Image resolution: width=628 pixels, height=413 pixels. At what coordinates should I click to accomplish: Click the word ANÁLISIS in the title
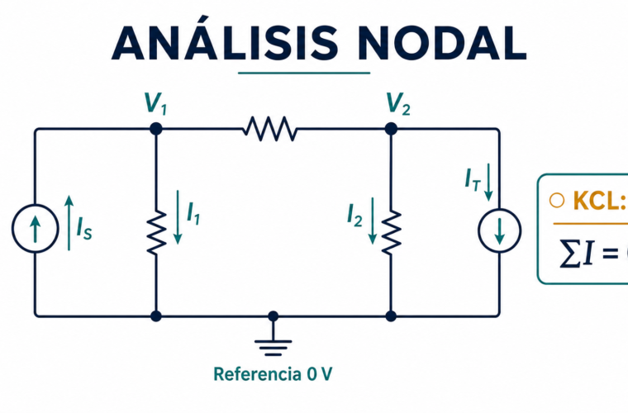225,39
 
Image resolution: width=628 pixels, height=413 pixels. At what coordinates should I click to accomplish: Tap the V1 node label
155,103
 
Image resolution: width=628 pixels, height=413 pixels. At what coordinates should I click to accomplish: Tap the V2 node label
398,103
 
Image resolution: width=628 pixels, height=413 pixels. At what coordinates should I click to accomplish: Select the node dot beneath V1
156,129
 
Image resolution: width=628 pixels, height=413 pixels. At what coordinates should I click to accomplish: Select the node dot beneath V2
391,129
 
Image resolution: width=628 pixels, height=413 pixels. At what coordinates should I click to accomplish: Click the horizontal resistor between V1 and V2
270,129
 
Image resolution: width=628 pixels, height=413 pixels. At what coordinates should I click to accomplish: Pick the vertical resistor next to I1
156,232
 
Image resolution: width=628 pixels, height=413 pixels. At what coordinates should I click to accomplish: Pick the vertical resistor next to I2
391,232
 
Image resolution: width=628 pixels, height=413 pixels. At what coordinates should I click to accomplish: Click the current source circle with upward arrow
36,229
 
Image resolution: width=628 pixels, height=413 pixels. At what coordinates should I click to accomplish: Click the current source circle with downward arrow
499,230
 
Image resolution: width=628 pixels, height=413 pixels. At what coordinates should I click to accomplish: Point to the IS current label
84,228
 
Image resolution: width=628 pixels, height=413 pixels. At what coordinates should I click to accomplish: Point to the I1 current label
193,213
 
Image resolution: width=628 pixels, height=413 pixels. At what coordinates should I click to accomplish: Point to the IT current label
473,180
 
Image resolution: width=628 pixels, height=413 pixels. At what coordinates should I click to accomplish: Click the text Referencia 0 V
273,374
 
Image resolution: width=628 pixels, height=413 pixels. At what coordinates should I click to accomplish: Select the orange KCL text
600,200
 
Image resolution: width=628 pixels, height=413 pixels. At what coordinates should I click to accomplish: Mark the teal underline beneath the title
304,74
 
